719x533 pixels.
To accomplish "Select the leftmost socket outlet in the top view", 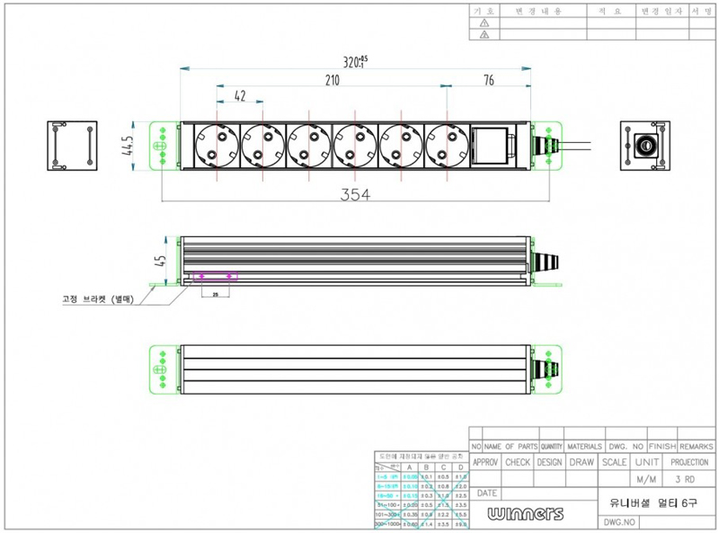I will (216, 145).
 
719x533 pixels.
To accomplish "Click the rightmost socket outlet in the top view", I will (447, 145).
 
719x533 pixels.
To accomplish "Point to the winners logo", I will (527, 513).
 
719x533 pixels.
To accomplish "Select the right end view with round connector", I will (644, 145).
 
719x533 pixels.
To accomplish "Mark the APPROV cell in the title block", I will (485, 462).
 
